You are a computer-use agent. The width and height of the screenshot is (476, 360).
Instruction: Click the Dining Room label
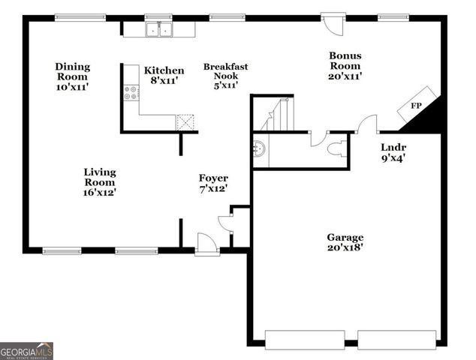click(72, 76)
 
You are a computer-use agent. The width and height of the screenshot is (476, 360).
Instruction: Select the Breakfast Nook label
click(225, 76)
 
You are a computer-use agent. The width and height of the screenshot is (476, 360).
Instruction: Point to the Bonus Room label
click(345, 65)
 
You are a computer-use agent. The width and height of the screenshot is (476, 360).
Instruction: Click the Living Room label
click(99, 181)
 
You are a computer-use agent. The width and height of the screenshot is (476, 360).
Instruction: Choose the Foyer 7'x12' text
click(212, 183)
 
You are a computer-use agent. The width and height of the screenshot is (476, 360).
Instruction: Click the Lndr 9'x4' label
click(394, 153)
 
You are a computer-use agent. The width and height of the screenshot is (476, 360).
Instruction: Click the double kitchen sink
click(159, 29)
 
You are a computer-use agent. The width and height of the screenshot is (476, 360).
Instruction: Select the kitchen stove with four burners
click(131, 93)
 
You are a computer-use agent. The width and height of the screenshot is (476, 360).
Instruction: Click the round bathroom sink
click(259, 148)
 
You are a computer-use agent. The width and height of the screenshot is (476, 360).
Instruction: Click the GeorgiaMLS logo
click(26, 351)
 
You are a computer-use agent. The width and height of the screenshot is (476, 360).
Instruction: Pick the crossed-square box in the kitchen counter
click(185, 122)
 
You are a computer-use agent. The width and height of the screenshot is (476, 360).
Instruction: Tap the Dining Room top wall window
click(80, 18)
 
